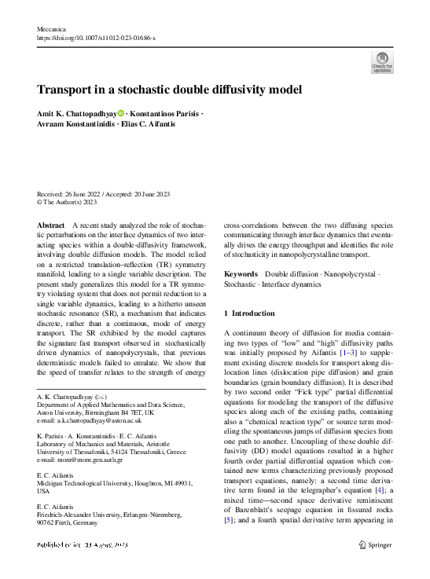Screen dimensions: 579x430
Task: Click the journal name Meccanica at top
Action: (x=52, y=28)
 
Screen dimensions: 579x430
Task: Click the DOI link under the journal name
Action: (x=97, y=38)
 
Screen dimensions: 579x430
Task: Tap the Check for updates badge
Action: (x=381, y=63)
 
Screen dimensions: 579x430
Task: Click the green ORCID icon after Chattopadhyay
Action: (x=121, y=114)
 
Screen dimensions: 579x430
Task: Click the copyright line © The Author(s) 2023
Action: (x=67, y=203)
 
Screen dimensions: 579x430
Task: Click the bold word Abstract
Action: (x=51, y=225)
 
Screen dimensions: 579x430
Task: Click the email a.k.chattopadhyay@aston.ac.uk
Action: (x=89, y=420)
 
